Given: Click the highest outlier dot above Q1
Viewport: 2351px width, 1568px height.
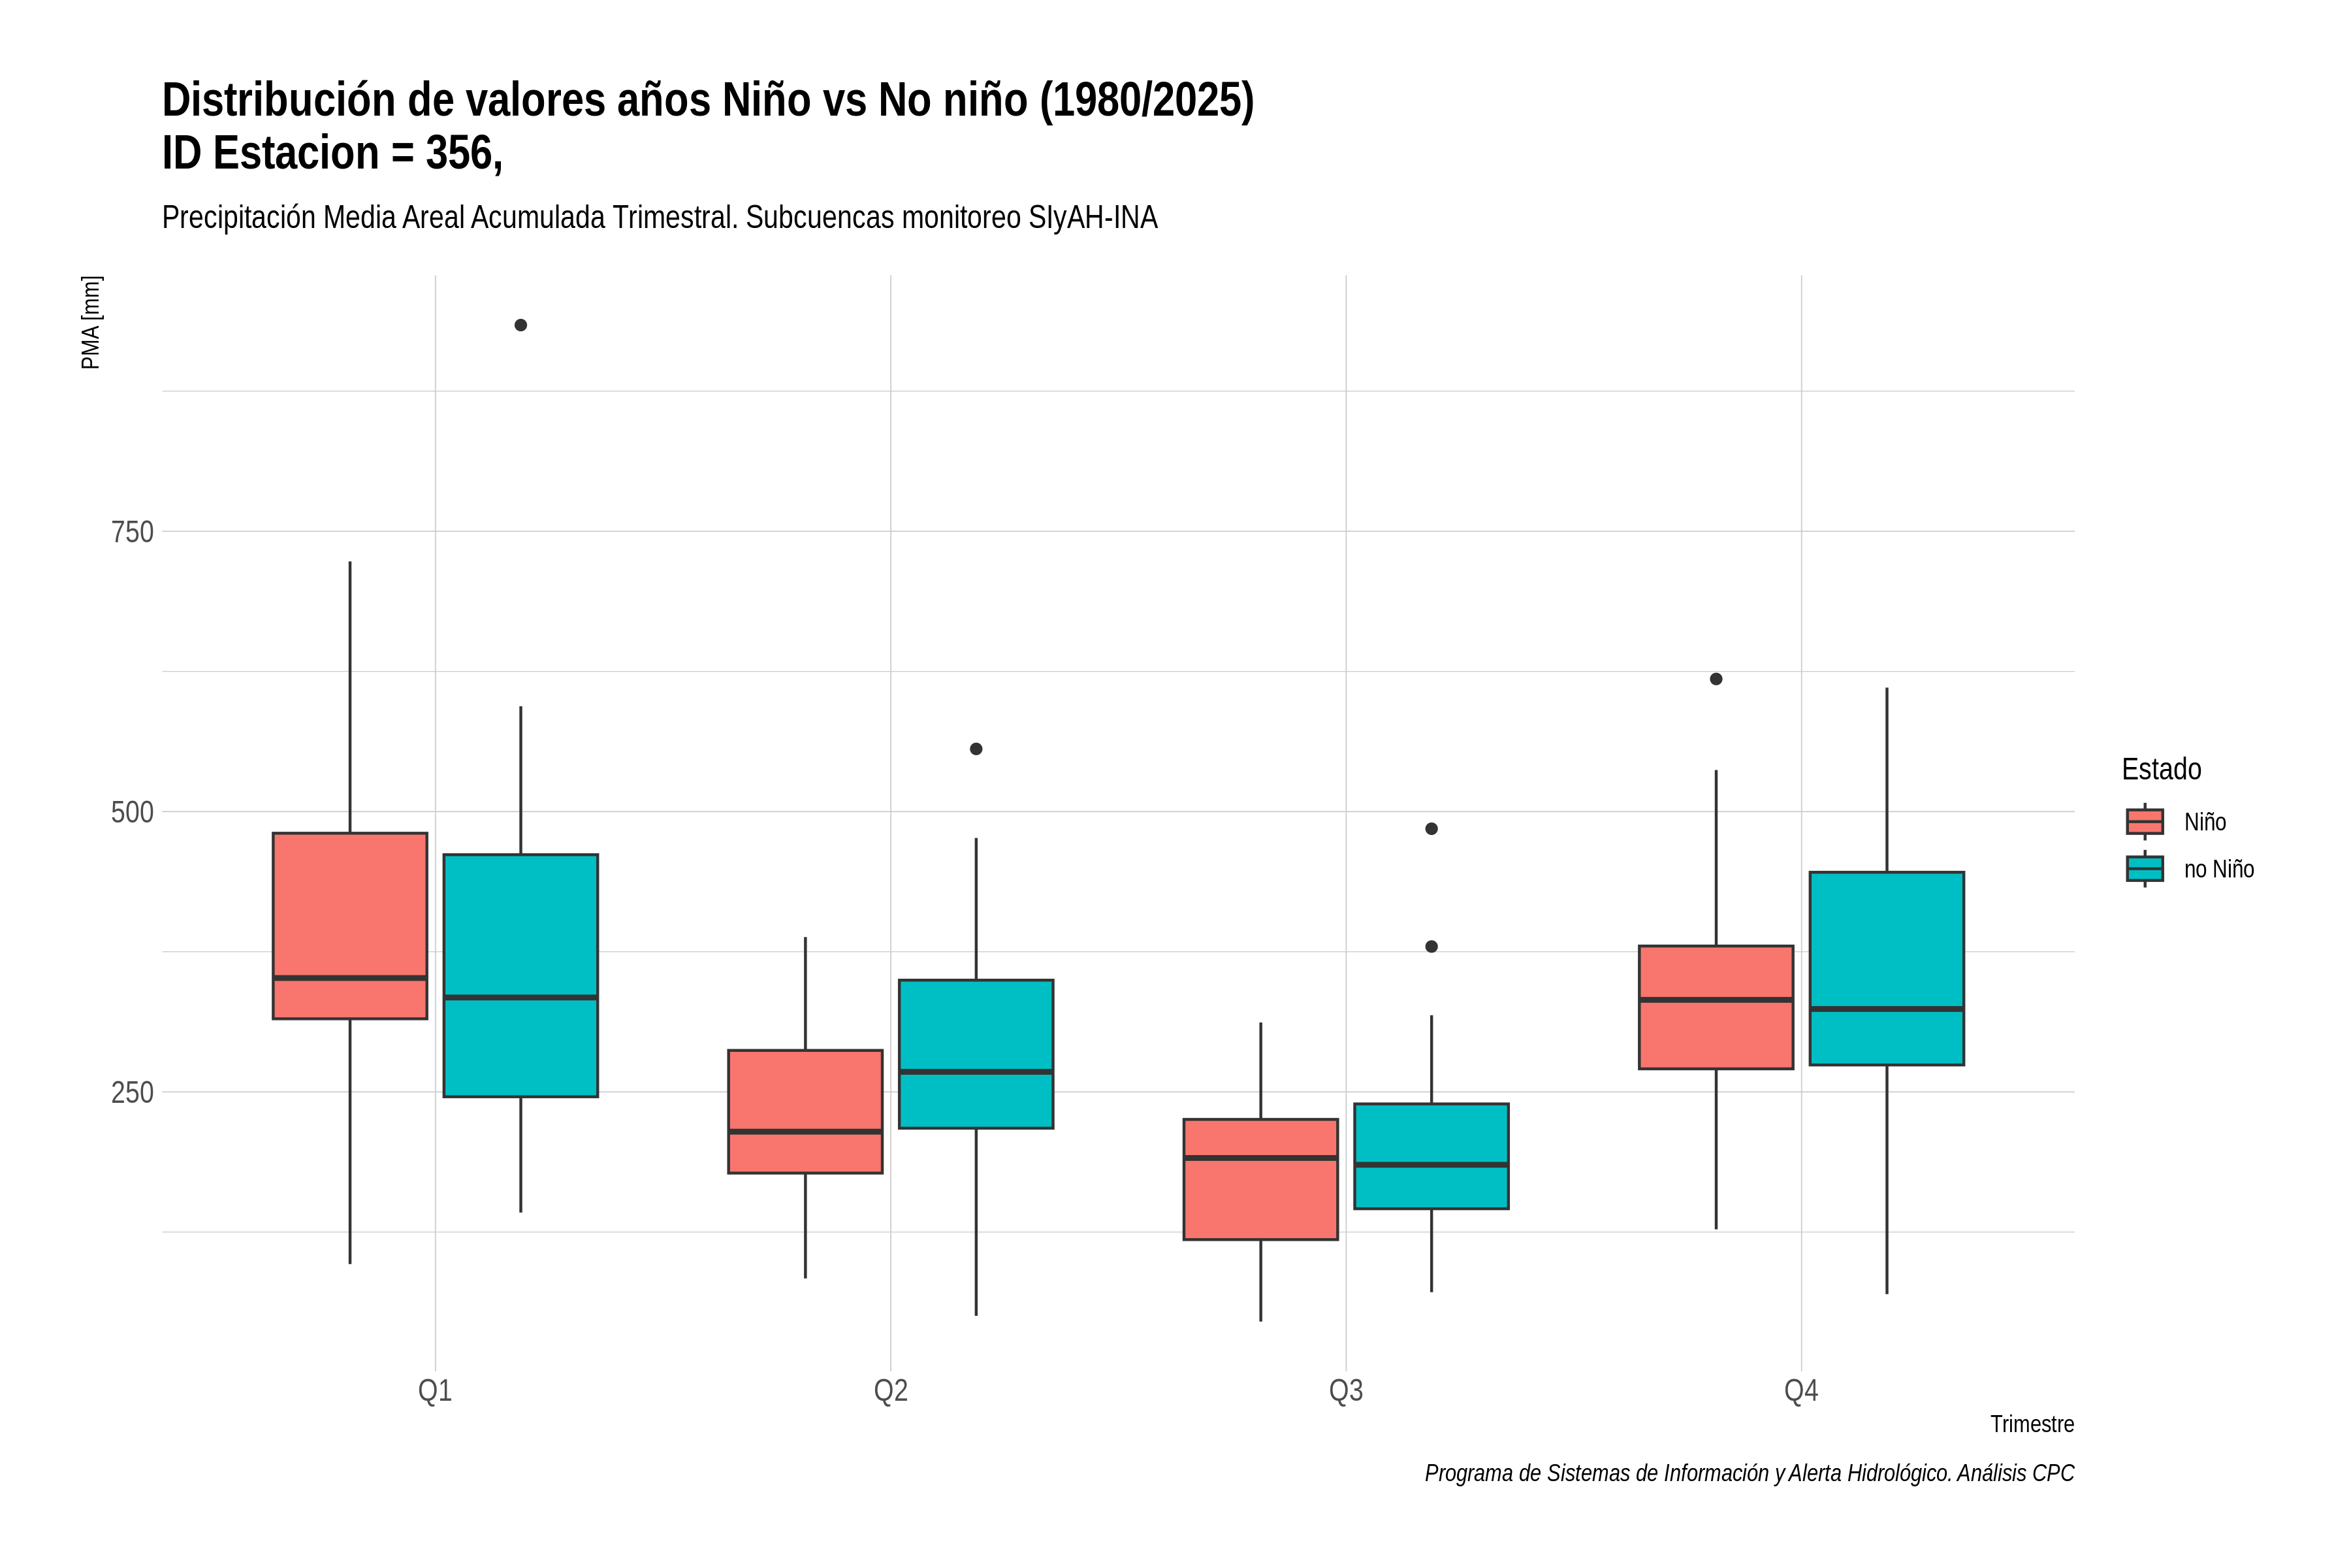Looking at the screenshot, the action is click(520, 325).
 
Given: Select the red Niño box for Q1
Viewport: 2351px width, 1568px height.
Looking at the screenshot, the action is click(350, 926).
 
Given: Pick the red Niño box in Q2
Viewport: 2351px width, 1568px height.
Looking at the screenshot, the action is click(806, 1111).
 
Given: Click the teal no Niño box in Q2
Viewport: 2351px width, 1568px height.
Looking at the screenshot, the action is click(976, 1054).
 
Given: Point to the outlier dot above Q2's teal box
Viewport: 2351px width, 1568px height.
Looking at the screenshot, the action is click(976, 749).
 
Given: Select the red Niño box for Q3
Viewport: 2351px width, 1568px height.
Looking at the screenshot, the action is click(1260, 1179).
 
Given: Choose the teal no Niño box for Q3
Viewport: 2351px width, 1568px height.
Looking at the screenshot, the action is click(1431, 1156).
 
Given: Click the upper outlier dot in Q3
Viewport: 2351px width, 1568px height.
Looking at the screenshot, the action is click(1431, 829).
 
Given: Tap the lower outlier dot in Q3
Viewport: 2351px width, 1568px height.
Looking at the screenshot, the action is click(1431, 947).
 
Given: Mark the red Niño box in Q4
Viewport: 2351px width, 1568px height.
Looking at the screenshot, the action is click(1716, 1007).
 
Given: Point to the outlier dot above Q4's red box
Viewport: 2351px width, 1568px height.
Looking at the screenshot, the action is click(1716, 679).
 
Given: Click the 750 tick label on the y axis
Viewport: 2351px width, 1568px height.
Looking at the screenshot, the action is click(132, 532).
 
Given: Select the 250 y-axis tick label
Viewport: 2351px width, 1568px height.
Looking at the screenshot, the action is click(132, 1092).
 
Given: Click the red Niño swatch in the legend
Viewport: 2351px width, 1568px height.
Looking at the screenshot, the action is click(2145, 822).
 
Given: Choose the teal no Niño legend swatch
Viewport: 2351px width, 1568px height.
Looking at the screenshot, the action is click(2145, 869).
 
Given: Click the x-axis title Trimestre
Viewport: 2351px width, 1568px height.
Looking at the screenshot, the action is click(2032, 1424).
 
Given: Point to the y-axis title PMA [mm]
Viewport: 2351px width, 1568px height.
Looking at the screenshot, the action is click(91, 323).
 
